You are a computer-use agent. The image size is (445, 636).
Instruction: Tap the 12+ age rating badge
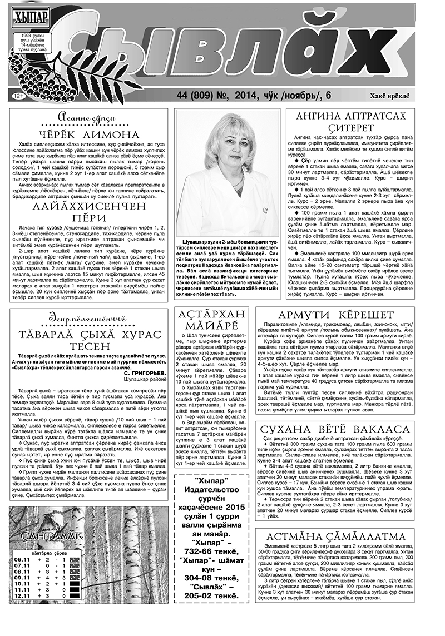pos(17,96)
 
